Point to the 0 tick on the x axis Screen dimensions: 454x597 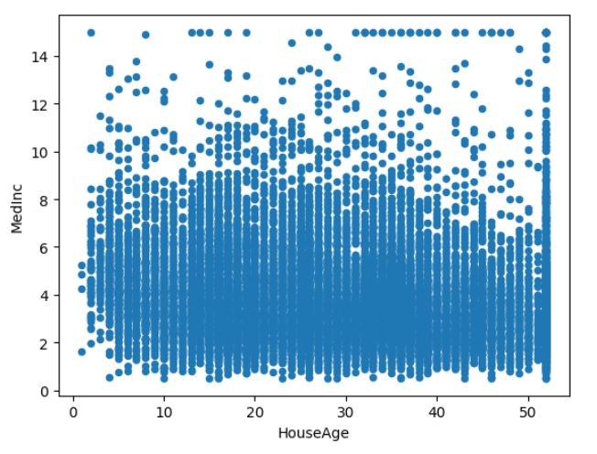point(73,408)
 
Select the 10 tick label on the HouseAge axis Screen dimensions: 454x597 point(164,408)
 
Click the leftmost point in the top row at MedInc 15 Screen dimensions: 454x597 point(91,33)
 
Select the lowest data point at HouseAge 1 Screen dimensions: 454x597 point(81,351)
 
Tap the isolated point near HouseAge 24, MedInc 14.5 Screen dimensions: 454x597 point(292,43)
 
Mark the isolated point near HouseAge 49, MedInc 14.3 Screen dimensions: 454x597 point(519,49)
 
